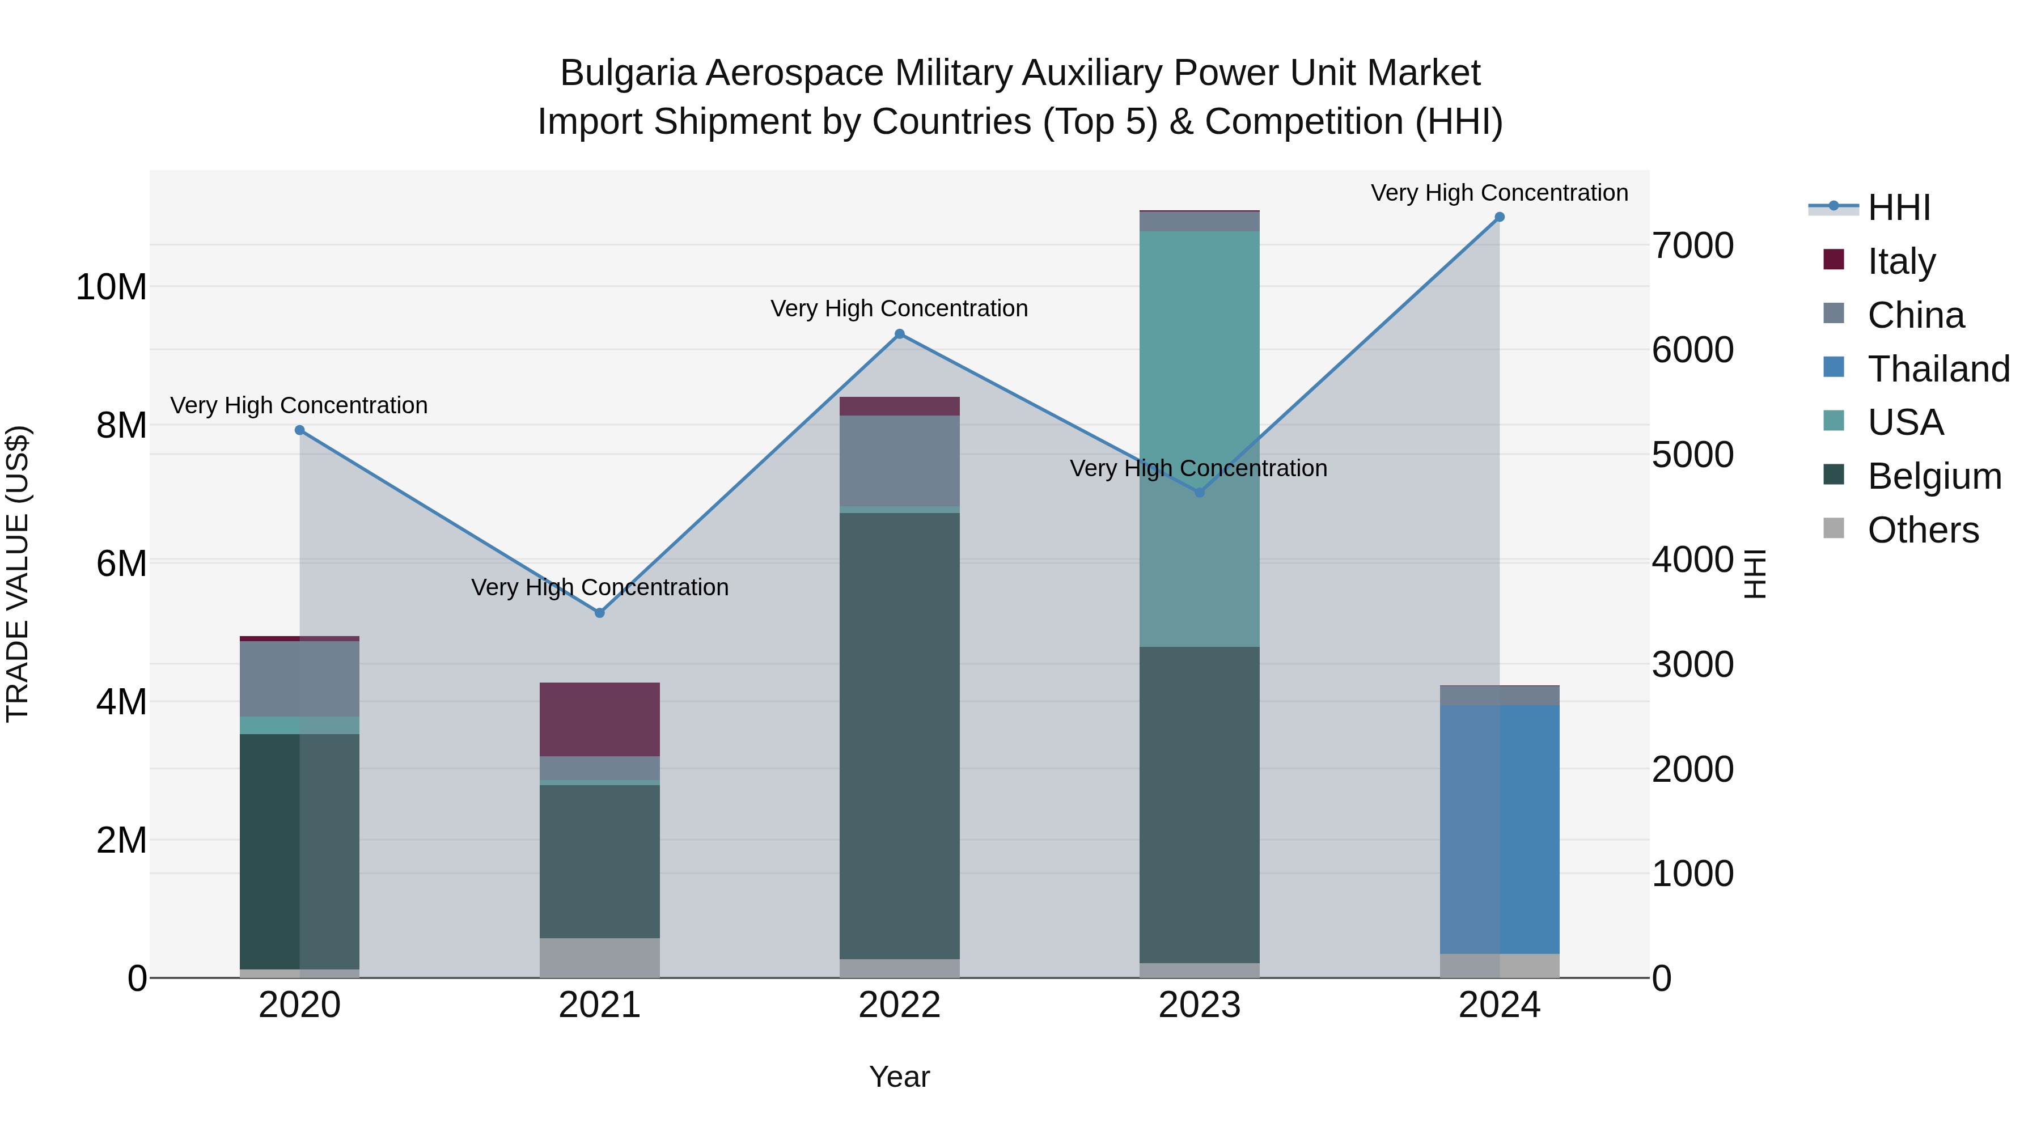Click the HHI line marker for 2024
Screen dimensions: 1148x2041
pyautogui.click(x=1499, y=217)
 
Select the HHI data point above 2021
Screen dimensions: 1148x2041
pyautogui.click(x=600, y=612)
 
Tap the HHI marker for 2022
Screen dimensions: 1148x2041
pyautogui.click(x=899, y=333)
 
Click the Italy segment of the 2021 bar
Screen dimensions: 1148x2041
pyautogui.click(x=600, y=719)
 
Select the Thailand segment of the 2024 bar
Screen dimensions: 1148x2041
pyautogui.click(x=1499, y=828)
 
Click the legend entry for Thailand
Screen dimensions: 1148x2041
pyautogui.click(x=1937, y=369)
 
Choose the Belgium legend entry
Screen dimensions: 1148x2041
pyautogui.click(x=1933, y=476)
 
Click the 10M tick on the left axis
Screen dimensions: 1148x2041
pyautogui.click(x=111, y=286)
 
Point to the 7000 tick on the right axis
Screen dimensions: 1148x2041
pyautogui.click(x=1692, y=245)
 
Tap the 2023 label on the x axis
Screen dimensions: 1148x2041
pyautogui.click(x=1200, y=1005)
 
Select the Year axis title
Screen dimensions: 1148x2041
pyautogui.click(x=899, y=1077)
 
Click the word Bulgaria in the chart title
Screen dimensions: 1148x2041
pyautogui.click(x=628, y=73)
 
